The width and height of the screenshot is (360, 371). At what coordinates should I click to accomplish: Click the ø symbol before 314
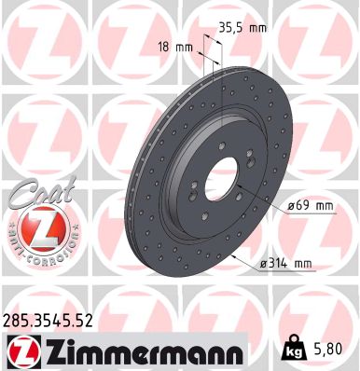point(264,265)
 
